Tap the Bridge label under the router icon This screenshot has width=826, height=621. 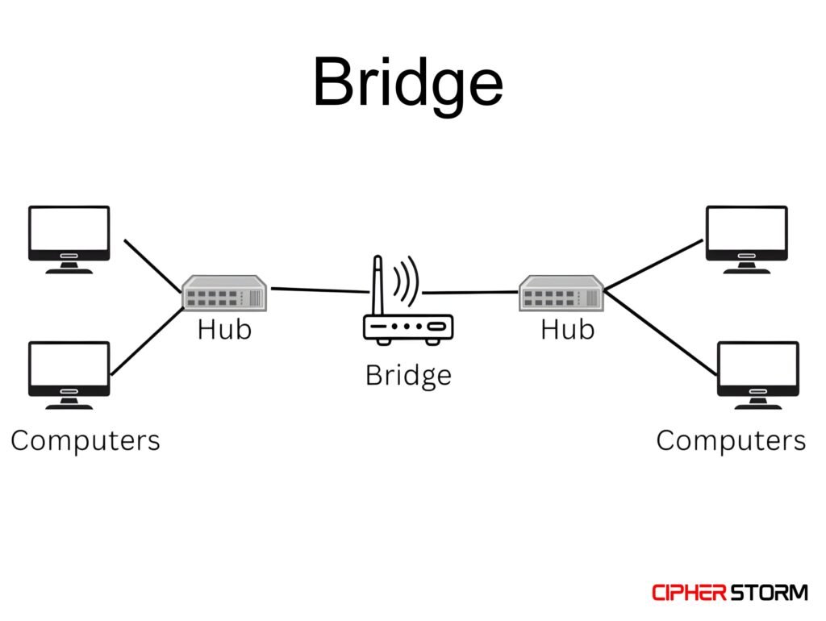408,375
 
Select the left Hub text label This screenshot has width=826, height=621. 224,329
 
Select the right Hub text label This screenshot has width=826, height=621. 567,329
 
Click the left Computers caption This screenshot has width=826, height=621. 86,440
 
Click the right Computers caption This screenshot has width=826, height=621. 731,440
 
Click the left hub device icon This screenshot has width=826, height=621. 224,294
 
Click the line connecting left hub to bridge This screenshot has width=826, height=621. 315,290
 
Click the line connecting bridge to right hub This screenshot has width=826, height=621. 472,292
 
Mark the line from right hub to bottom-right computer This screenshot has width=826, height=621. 661,332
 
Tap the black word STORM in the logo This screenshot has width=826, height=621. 769,593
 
